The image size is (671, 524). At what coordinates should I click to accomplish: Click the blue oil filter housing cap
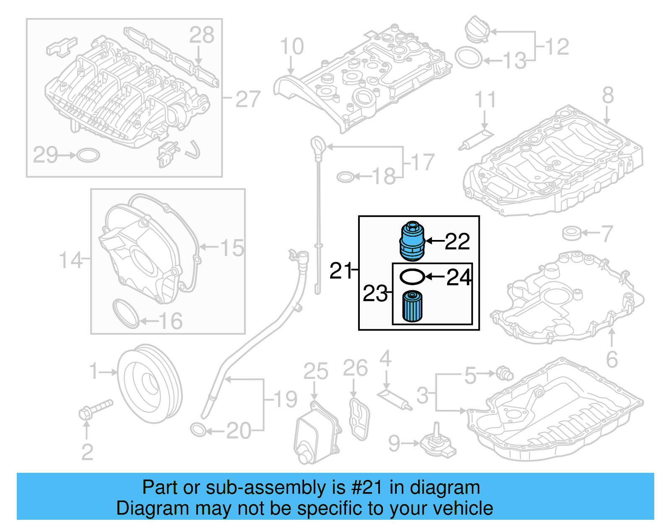pos(412,241)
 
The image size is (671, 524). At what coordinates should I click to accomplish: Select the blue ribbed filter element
pos(412,307)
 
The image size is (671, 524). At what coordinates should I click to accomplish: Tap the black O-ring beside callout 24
pos(412,276)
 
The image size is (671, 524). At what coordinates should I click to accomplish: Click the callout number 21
pos(341,271)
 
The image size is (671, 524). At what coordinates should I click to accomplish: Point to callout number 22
pos(457,241)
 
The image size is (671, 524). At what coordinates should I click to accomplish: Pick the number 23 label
pos(375,293)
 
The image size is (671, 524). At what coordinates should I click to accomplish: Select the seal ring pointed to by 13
pos(468,58)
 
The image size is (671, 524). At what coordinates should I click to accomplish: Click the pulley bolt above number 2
pos(95,409)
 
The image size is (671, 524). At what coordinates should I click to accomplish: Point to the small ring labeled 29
pos(88,155)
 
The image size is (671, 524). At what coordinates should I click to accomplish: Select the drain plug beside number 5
pos(504,373)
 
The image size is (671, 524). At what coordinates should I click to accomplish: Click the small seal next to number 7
pos(571,233)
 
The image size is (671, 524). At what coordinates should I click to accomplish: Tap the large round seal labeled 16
pos(125,314)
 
